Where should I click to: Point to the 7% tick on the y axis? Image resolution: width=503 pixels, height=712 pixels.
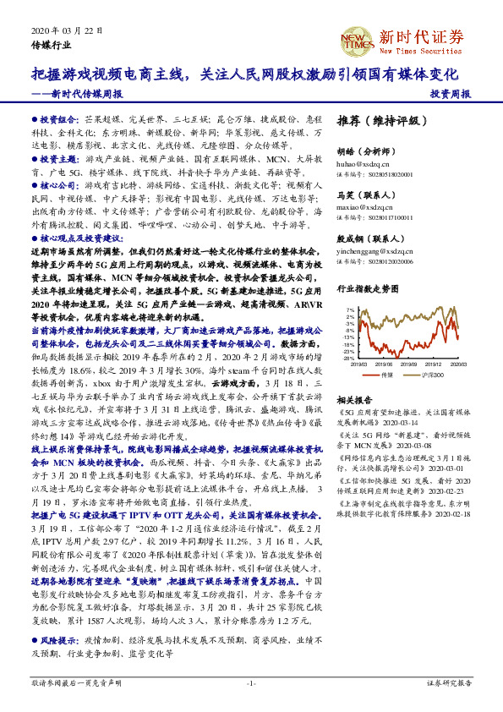(350, 311)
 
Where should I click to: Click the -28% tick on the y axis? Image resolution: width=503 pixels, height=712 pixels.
(348, 359)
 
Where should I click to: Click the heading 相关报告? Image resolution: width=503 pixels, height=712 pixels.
(354, 398)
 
